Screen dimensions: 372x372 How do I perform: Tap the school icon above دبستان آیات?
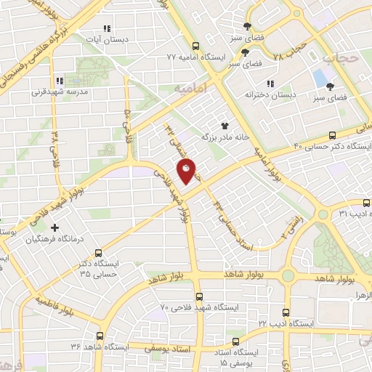107,28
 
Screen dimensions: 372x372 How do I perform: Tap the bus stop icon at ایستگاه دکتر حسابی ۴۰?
333,134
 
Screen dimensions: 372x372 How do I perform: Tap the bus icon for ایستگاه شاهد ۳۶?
99,336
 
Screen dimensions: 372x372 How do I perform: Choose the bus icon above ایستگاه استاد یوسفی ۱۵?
234,341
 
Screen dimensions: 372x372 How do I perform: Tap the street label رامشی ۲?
286,233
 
